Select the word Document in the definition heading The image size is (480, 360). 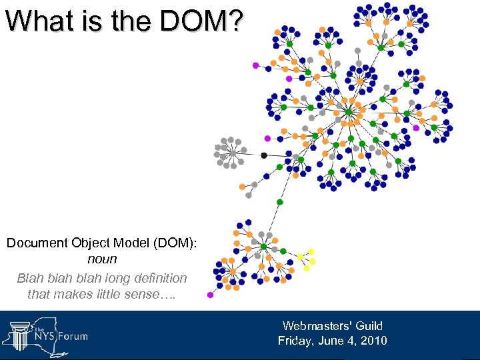tap(37, 243)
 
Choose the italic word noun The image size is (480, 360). tap(102, 259)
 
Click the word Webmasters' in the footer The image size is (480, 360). tap(315, 326)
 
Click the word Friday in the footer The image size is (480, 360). tap(296, 341)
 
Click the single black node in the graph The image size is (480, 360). tap(264, 155)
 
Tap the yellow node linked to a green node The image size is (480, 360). tap(301, 257)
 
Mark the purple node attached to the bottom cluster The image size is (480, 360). tap(211, 295)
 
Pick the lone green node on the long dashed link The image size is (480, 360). tap(280, 202)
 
